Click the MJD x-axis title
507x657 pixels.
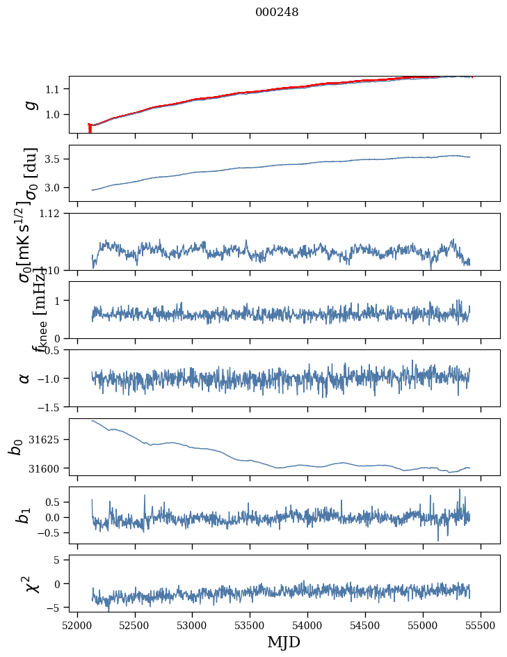pos(284,642)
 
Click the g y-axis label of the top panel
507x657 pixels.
pos(30,104)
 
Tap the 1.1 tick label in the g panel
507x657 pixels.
pos(55,89)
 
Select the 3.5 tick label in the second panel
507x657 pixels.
pos(55,159)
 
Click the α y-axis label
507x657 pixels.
pos(25,378)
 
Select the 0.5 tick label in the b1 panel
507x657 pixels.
pos(52,502)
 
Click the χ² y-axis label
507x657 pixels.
pos(29,583)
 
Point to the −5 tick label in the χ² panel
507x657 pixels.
pos(55,608)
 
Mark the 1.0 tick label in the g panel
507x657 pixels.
pos(55,115)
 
